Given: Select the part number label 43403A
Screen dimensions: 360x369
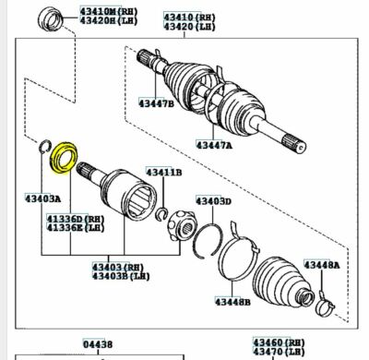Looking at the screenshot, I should click(x=43, y=198).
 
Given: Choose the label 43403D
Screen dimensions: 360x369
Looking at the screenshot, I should click(x=213, y=200).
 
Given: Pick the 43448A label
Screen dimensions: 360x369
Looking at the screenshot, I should click(x=322, y=265).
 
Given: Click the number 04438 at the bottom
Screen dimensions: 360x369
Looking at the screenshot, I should click(x=99, y=343).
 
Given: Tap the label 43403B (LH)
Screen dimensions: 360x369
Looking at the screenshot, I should click(x=117, y=276).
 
